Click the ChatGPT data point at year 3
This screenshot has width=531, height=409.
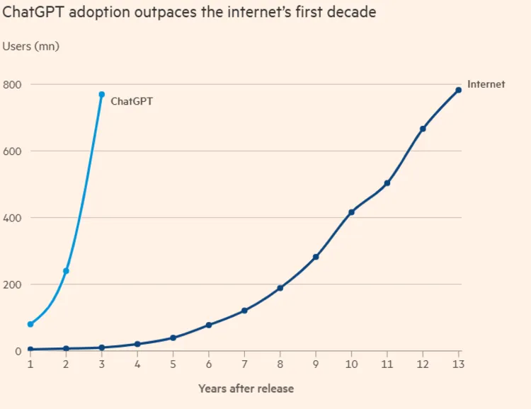[x=102, y=94]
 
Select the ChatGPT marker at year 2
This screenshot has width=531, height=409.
[x=66, y=271]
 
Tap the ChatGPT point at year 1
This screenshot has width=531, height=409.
[x=30, y=324]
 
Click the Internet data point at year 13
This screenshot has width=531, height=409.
[x=459, y=90]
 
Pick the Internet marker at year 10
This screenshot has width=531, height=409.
[x=351, y=212]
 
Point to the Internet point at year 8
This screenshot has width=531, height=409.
[x=280, y=288]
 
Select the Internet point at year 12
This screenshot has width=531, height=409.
[x=423, y=129]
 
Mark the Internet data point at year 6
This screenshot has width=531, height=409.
[x=209, y=325]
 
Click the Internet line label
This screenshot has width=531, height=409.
[x=486, y=84]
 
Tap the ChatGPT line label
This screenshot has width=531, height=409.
[x=132, y=101]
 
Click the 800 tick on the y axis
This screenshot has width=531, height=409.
[x=13, y=85]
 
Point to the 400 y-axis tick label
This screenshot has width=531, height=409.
[x=13, y=218]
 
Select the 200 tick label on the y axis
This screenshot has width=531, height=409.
[x=13, y=284]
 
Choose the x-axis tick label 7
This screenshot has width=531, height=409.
[x=244, y=364]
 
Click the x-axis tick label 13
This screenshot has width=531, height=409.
[x=459, y=364]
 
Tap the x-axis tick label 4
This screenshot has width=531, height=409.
[x=137, y=364]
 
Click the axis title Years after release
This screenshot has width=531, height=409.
[x=246, y=388]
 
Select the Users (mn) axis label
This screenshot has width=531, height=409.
[x=31, y=47]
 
